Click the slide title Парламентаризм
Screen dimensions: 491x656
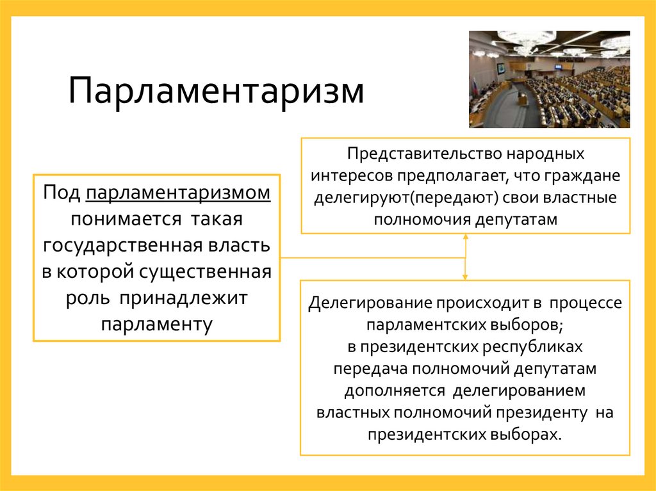(x=216, y=90)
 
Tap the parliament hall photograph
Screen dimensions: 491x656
(x=549, y=79)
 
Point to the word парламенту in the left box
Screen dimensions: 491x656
(x=156, y=323)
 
